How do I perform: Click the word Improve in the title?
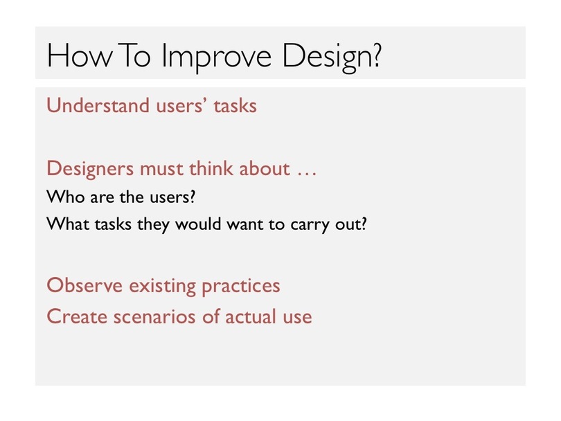pyautogui.click(x=216, y=56)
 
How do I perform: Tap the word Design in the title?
pyautogui.click(x=328, y=57)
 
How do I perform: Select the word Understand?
pyautogui.click(x=98, y=105)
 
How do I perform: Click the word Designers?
pyautogui.click(x=90, y=169)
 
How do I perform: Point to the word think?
pyautogui.click(x=211, y=168)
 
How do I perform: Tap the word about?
pyautogui.click(x=265, y=168)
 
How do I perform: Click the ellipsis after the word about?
pyautogui.click(x=307, y=174)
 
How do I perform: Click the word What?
pyautogui.click(x=68, y=224)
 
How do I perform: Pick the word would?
pyautogui.click(x=198, y=224)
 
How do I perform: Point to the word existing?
pyautogui.click(x=163, y=287)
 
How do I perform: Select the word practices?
pyautogui.click(x=241, y=287)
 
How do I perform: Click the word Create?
pyautogui.click(x=77, y=316)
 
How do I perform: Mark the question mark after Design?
pyautogui.click(x=377, y=55)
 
